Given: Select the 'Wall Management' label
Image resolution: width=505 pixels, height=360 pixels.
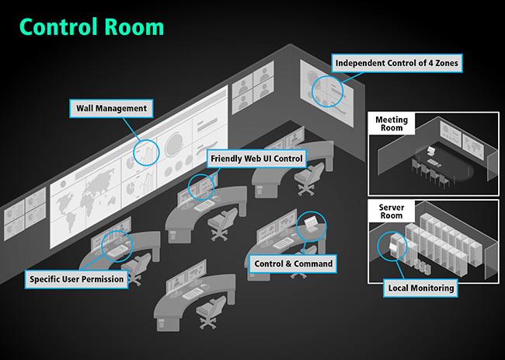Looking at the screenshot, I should pos(111,109).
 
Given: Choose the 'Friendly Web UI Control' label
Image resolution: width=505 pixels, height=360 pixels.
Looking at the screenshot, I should pos(256,159).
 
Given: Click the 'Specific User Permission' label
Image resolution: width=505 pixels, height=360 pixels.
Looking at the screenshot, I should pos(77,278).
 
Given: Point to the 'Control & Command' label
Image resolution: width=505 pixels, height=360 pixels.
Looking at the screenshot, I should pos(294,264).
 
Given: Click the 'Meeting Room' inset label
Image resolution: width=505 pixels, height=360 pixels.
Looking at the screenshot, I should pos(392,124).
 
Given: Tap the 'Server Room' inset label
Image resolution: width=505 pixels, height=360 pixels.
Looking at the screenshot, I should pos(392,212).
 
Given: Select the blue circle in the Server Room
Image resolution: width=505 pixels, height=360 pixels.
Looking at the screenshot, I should pos(390,246).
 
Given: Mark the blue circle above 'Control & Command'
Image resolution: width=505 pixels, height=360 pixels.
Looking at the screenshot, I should pos(311,225).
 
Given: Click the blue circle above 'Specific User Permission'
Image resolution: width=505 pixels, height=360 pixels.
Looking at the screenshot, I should pos(117,246).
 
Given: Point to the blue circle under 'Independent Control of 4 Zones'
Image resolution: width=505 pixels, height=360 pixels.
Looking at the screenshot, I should pos(326,90).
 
